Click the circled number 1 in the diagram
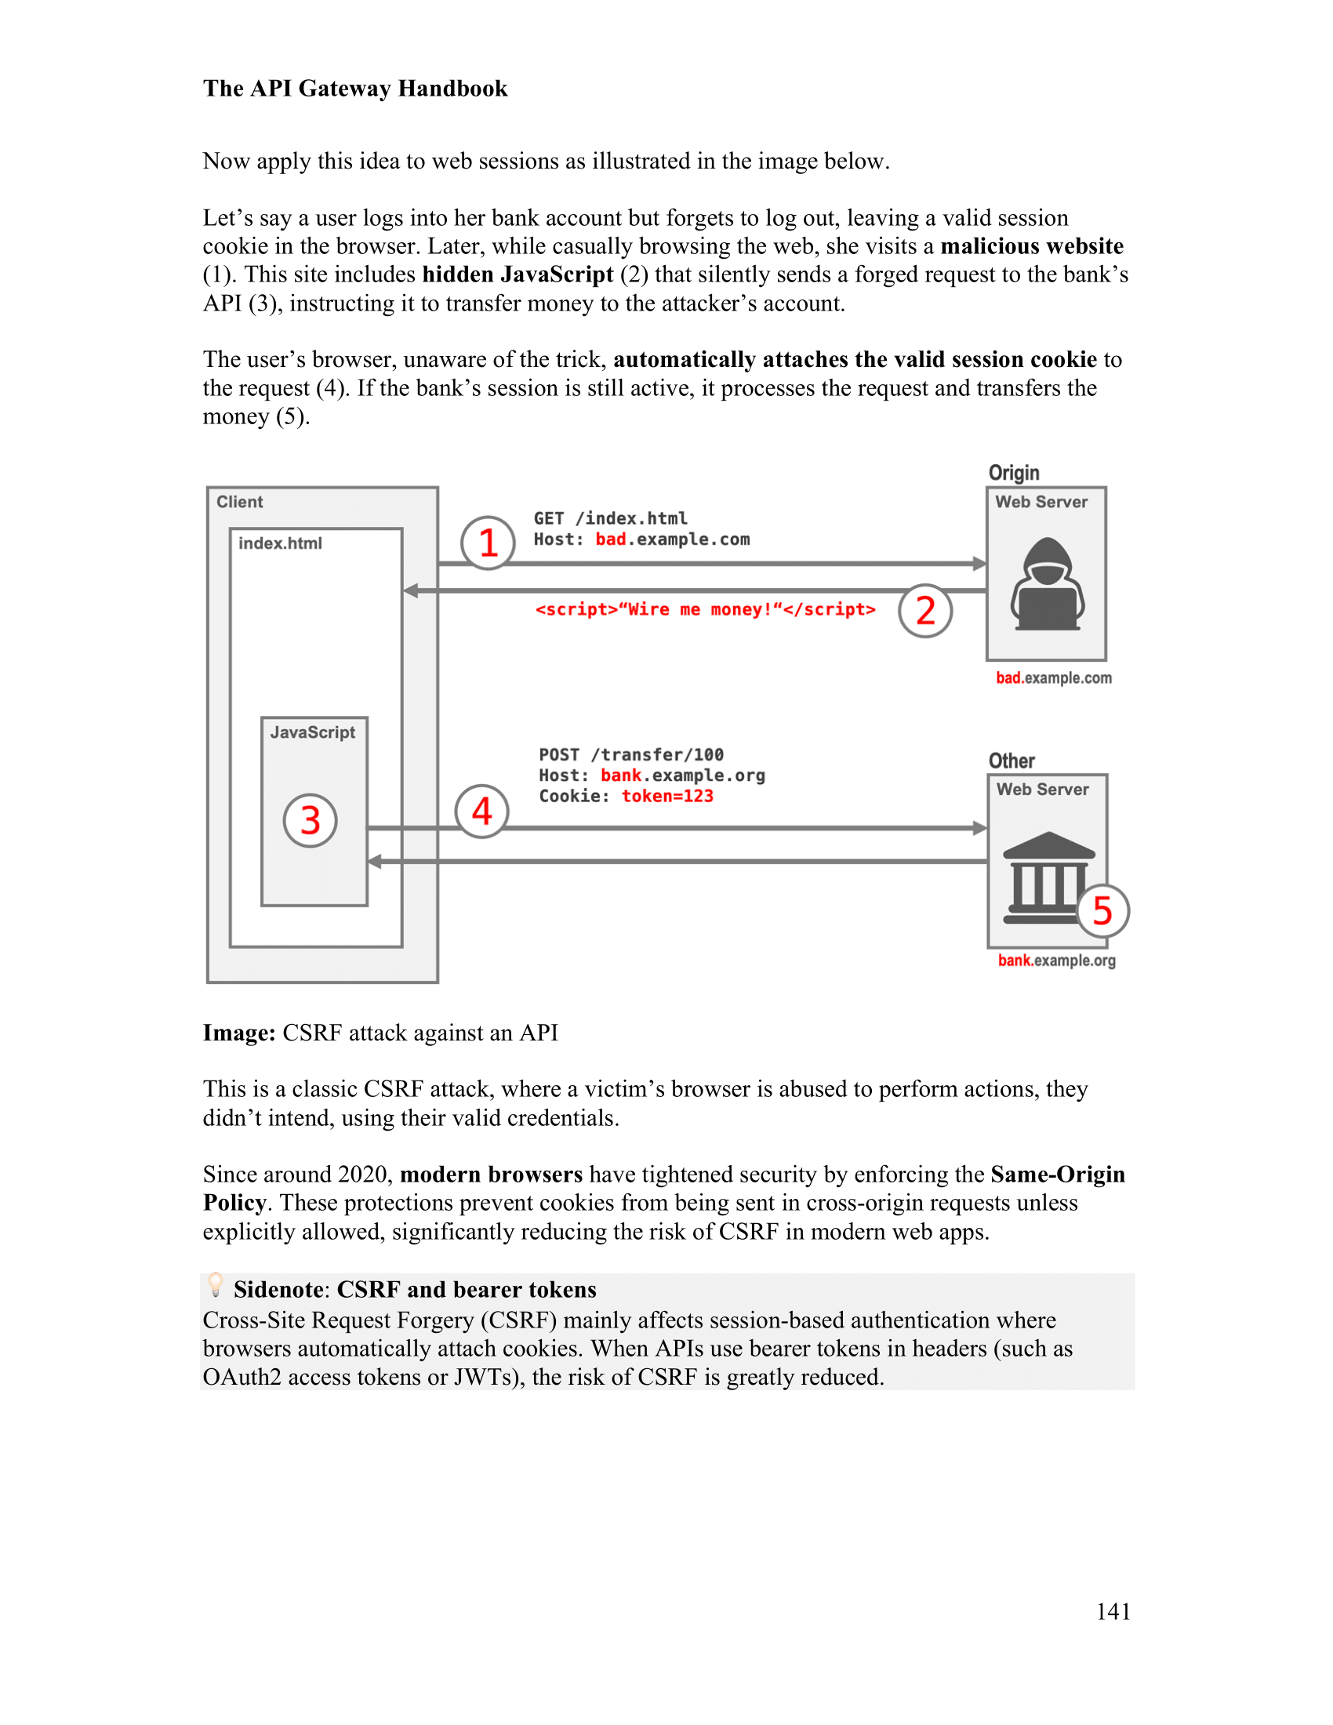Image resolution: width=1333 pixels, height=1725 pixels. [x=488, y=543]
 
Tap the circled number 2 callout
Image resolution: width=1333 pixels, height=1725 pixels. [x=924, y=611]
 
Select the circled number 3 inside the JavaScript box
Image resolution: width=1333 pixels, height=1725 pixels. [x=311, y=820]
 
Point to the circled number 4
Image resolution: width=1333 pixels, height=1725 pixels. [x=481, y=812]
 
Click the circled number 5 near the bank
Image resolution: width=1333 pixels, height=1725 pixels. [x=1102, y=910]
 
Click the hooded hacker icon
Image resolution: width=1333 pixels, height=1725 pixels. [x=1047, y=583]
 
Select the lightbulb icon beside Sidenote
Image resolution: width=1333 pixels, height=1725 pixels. [x=215, y=1284]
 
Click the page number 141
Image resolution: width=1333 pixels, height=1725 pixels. [x=1113, y=1611]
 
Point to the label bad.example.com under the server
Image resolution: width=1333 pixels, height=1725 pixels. [x=1053, y=677]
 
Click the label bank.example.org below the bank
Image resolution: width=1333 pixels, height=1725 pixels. [x=1057, y=961]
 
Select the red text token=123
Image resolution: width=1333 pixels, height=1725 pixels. [x=667, y=796]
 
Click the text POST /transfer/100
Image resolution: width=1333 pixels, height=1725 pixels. [x=631, y=754]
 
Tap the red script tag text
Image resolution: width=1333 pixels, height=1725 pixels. [x=705, y=610]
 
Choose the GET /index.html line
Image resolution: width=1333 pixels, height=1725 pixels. [x=610, y=518]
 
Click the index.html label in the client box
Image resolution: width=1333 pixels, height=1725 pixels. [x=281, y=543]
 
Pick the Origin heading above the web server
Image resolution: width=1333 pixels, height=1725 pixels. [x=1014, y=472]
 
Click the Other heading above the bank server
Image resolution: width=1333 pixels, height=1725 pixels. [x=1012, y=761]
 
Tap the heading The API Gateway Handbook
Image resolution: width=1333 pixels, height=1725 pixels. [x=355, y=89]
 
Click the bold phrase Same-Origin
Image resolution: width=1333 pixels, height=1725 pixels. [x=1058, y=1174]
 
